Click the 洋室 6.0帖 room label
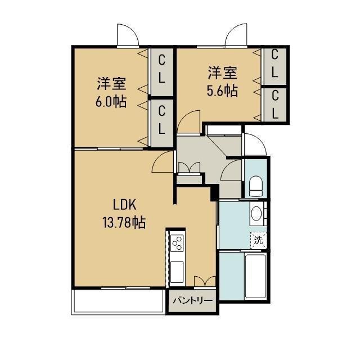111,93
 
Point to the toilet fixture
256,186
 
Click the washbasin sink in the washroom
256,214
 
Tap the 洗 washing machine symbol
258,240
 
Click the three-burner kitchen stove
177,242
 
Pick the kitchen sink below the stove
177,271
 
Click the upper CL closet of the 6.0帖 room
161,69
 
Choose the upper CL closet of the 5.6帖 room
275,64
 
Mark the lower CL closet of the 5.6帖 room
275,103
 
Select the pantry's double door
202,281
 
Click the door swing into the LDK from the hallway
162,164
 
